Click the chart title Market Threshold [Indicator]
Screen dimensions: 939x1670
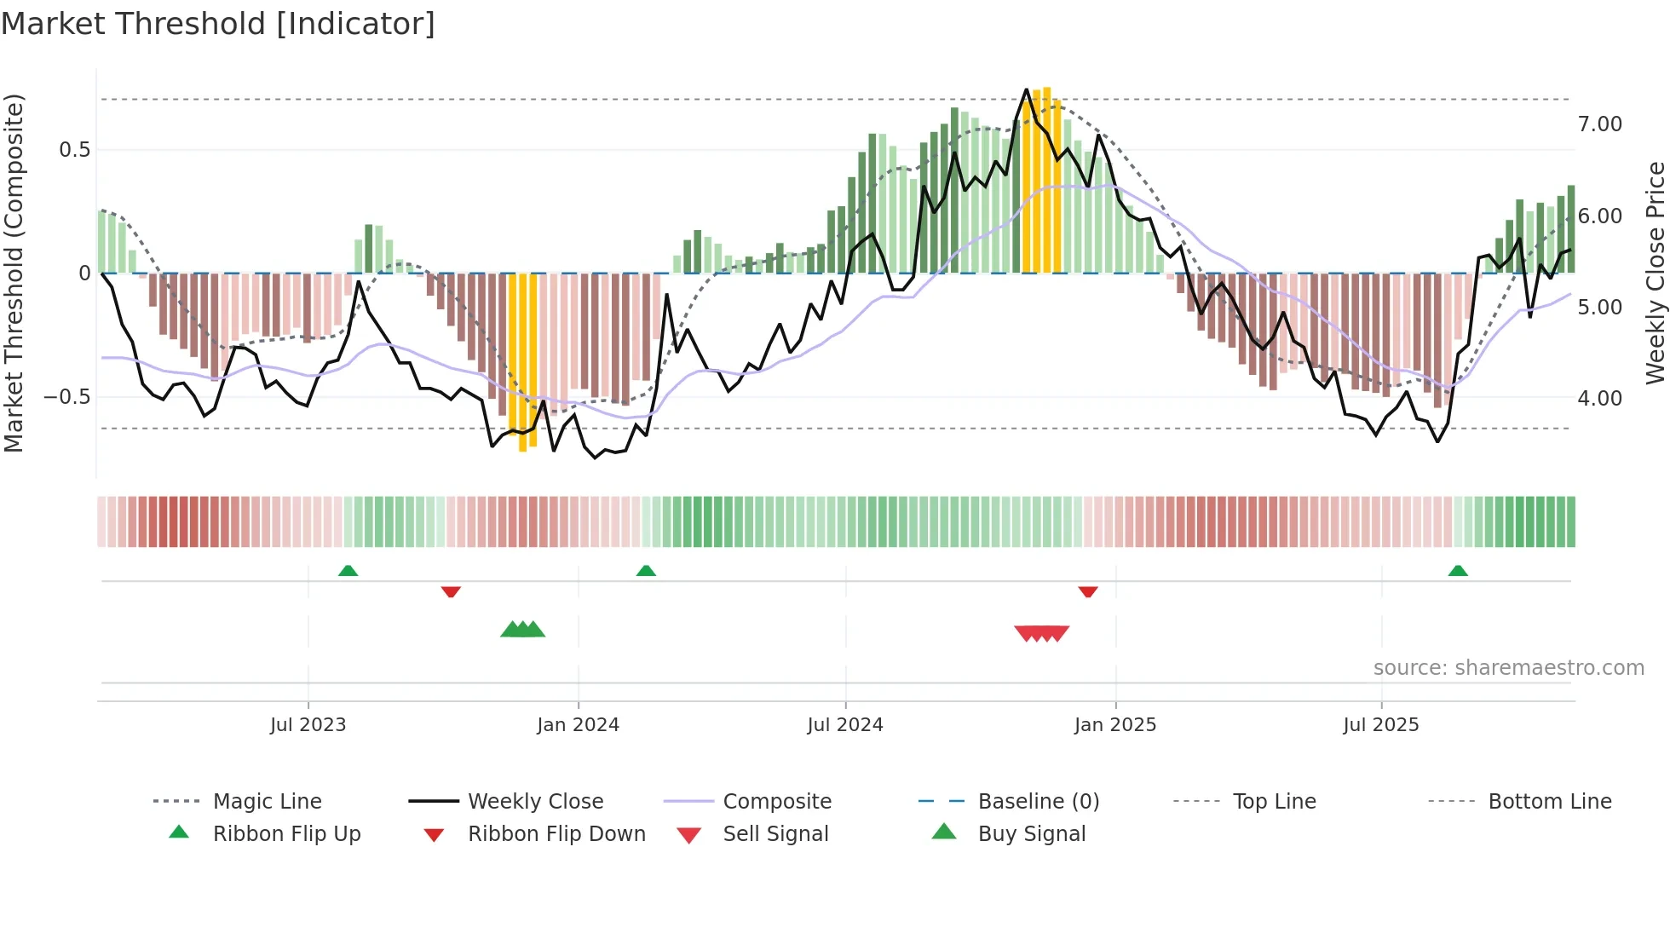click(218, 24)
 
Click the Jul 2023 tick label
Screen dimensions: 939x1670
click(308, 725)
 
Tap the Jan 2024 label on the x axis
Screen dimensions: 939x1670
click(578, 725)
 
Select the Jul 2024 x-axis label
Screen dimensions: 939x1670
click(844, 725)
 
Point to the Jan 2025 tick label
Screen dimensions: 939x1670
click(1114, 725)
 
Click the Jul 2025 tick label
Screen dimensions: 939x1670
click(1380, 725)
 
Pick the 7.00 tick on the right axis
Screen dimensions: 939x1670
click(1599, 124)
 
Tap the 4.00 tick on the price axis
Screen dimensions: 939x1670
click(1599, 399)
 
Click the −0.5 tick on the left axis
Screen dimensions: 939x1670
click(66, 397)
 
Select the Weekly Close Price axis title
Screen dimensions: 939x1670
click(1655, 273)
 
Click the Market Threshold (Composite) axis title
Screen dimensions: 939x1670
click(14, 273)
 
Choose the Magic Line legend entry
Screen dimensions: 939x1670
click(267, 802)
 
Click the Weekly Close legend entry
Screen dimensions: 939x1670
click(535, 802)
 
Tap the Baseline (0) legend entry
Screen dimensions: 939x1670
click(1038, 802)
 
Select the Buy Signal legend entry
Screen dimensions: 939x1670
click(1031, 834)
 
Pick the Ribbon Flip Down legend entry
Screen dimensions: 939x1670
click(556, 834)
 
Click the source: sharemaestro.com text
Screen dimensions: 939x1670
click(1508, 668)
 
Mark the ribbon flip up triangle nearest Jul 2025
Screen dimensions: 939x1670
click(1457, 571)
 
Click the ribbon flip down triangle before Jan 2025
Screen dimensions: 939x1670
click(1087, 591)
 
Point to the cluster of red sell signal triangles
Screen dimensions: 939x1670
click(1041, 633)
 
